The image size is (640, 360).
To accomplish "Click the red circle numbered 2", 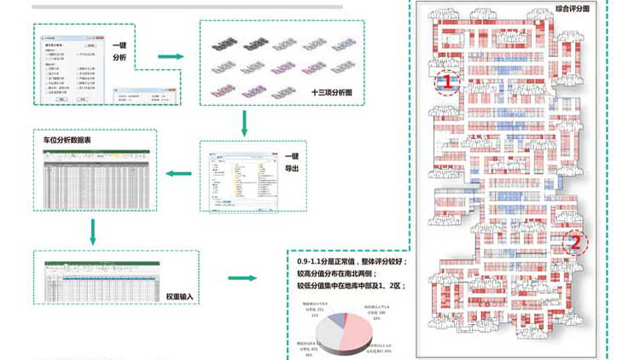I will pyautogui.click(x=574, y=242).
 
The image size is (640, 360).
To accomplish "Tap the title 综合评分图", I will pyautogui.click(x=573, y=9).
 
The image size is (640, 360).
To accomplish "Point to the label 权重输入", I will pyautogui.click(x=180, y=296).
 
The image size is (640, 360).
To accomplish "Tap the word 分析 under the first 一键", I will pyautogui.click(x=120, y=57).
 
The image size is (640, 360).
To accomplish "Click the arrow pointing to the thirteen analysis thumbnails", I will pyautogui.click(x=171, y=57).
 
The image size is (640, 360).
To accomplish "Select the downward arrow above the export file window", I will pyautogui.click(x=245, y=123).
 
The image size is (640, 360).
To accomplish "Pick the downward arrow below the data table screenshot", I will pyautogui.click(x=92, y=229).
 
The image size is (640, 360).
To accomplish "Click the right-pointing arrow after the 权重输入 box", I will pyautogui.click(x=242, y=278).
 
